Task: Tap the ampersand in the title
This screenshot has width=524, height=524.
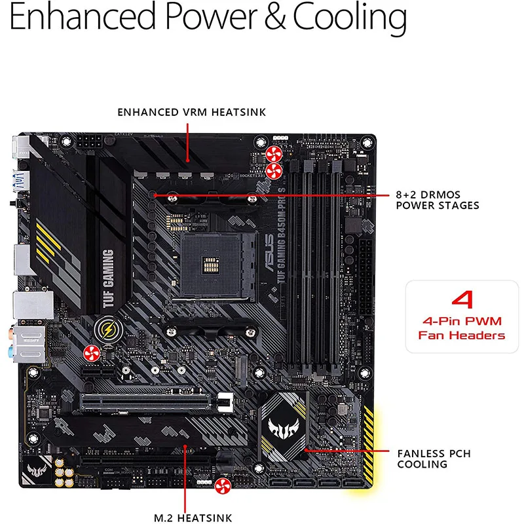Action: [x=276, y=18]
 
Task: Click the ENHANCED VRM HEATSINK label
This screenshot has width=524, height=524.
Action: [x=191, y=112]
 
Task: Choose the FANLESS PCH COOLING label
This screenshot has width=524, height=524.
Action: [x=434, y=458]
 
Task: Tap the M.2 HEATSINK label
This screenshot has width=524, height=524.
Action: [x=193, y=518]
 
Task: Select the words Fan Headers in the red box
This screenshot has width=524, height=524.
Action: [x=462, y=335]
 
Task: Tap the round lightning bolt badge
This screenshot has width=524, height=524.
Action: [x=105, y=329]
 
